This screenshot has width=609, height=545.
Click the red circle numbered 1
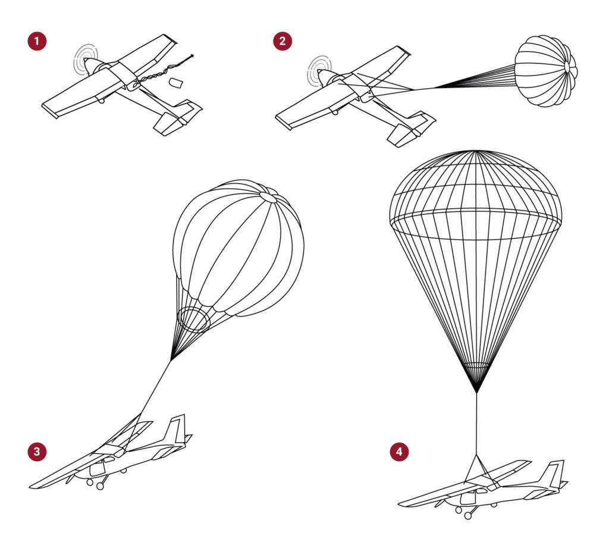[x=37, y=42]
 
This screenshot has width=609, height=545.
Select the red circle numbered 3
[x=37, y=452]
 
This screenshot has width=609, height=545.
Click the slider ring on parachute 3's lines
[x=193, y=320]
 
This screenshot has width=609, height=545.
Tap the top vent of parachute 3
[x=268, y=196]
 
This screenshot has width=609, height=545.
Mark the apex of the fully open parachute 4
[x=476, y=152]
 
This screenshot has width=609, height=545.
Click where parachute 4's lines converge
[x=476, y=391]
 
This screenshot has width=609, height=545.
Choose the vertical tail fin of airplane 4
[x=557, y=474]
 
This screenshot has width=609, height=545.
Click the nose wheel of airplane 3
[x=90, y=483]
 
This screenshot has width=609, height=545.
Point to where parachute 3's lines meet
[x=172, y=360]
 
